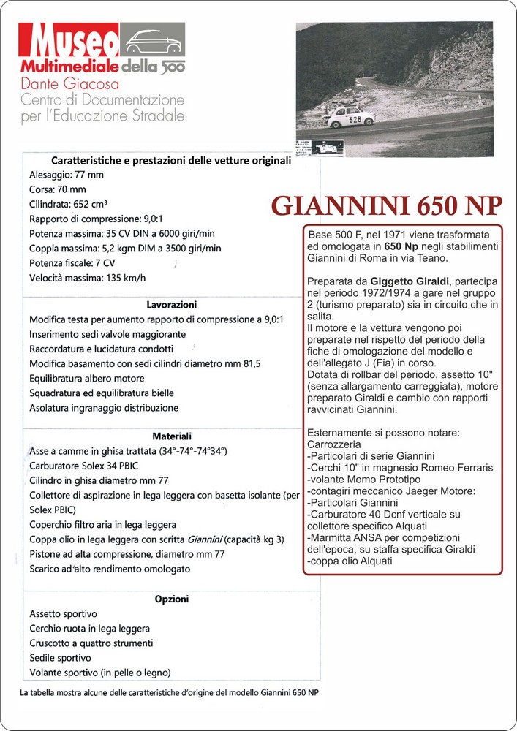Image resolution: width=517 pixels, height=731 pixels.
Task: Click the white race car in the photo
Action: click(x=349, y=117)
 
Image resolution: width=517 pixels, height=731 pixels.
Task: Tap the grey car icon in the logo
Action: click(x=153, y=40)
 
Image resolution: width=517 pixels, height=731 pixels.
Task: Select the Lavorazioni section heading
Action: click(x=171, y=304)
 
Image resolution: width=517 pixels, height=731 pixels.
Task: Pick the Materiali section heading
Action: click(x=172, y=436)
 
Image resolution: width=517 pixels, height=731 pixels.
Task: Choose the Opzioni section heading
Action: click(x=172, y=599)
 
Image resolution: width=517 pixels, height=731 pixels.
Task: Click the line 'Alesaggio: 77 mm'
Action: click(x=67, y=175)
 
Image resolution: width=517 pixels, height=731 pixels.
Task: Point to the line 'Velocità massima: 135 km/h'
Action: click(x=88, y=277)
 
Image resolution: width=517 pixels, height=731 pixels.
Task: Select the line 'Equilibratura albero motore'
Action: click(x=87, y=378)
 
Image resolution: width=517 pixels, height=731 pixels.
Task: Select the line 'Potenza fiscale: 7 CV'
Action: click(x=72, y=262)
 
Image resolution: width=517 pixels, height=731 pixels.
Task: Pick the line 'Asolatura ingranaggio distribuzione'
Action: click(x=104, y=407)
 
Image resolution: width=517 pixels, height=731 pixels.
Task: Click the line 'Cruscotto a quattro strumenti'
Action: click(x=91, y=643)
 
